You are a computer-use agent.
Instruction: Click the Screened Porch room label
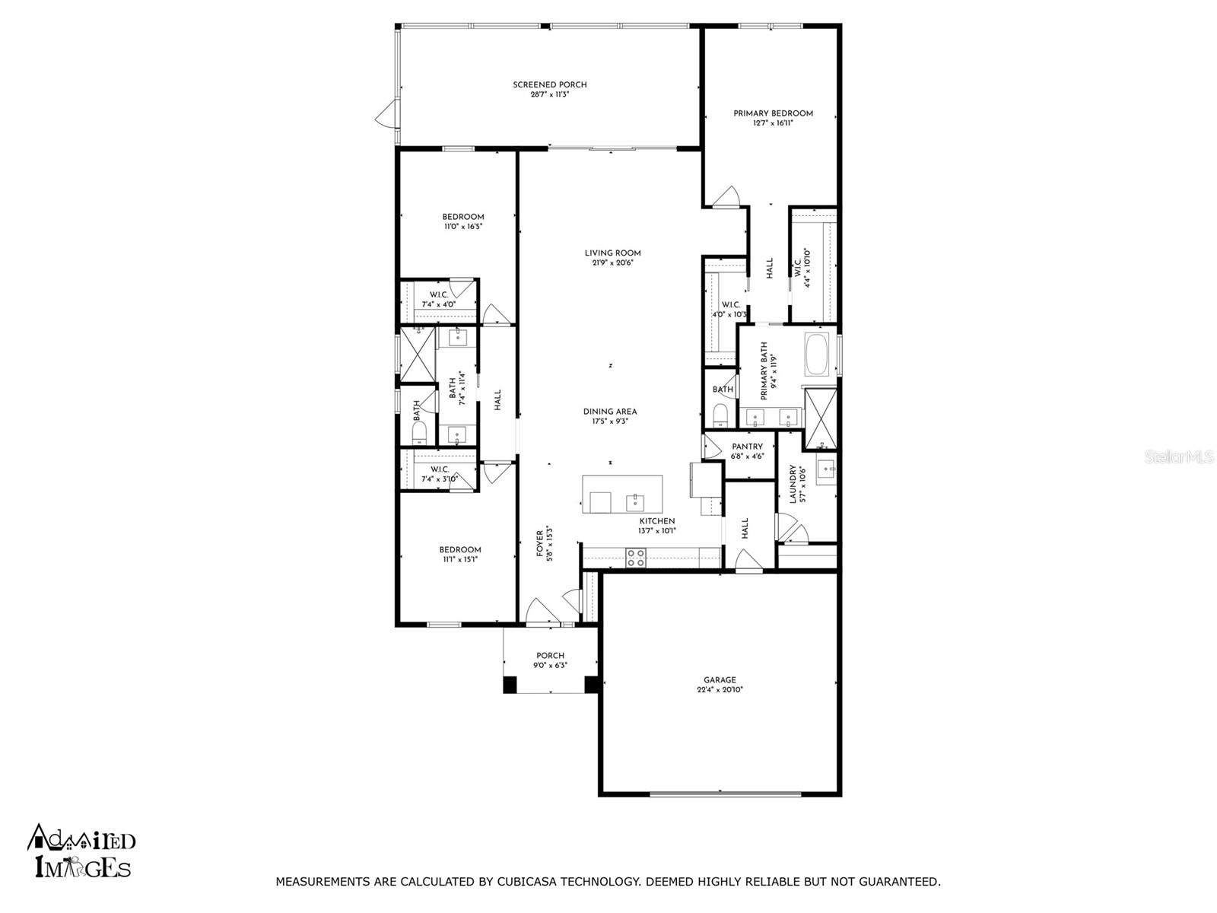click(549, 84)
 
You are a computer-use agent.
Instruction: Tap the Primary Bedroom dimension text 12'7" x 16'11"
click(772, 123)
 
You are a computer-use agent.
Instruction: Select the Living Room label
click(612, 253)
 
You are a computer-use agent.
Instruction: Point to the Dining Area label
click(609, 412)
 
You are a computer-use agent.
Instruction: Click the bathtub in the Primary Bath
click(817, 354)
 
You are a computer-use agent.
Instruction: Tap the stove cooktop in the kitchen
click(635, 558)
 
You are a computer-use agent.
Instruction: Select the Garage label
click(720, 680)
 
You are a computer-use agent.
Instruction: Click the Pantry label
click(747, 447)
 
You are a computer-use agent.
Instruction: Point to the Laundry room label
click(793, 484)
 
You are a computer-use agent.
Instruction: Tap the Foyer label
click(539, 544)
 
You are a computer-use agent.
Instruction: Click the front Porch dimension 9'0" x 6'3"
click(550, 666)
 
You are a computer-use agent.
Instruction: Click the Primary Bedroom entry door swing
click(726, 196)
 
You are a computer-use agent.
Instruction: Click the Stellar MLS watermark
click(1179, 457)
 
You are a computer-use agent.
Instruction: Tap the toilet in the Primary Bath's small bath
click(720, 415)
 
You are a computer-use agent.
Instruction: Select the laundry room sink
click(828, 469)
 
